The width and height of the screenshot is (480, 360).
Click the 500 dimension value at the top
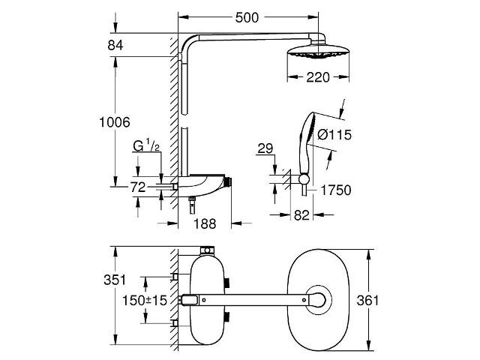point(247,17)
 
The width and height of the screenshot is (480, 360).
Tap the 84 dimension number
point(115,45)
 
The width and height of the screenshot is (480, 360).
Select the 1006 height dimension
point(115,122)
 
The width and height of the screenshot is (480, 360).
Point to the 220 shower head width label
point(318,77)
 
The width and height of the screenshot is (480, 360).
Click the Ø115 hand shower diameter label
point(334,135)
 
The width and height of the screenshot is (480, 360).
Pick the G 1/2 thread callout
point(146,145)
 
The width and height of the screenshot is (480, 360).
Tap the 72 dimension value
point(138,187)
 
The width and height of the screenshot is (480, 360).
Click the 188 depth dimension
point(205,223)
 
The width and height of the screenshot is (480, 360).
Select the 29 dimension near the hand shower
point(265,148)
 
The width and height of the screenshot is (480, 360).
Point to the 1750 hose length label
point(336,190)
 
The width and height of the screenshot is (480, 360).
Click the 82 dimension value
point(301,215)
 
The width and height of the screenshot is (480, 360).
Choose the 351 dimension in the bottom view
point(115,280)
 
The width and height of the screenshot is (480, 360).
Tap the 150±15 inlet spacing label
point(145,300)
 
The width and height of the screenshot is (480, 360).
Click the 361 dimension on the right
point(367,300)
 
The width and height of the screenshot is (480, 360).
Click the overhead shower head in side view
point(318,51)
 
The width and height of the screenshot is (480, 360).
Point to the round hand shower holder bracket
point(304,179)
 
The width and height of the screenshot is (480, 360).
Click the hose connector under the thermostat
point(192,205)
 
